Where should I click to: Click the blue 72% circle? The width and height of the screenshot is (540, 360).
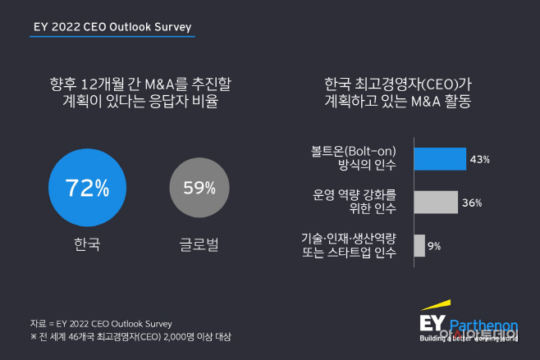[88, 188]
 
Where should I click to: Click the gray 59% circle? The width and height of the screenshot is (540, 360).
[199, 188]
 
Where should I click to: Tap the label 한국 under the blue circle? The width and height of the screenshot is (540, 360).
[87, 244]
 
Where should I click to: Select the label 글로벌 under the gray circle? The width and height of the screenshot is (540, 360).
[199, 244]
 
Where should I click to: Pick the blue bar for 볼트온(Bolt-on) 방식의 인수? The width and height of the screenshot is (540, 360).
[440, 159]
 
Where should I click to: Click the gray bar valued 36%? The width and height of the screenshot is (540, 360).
[436, 202]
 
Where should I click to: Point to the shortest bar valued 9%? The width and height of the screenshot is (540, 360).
[420, 245]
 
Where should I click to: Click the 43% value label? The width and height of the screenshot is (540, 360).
[479, 159]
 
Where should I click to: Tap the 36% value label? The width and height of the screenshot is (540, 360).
[471, 203]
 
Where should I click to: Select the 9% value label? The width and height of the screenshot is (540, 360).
[435, 245]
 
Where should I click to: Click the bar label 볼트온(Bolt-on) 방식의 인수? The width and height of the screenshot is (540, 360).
[355, 159]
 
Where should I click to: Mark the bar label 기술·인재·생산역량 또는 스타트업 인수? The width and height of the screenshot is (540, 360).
[349, 245]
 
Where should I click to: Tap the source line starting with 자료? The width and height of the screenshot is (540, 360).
[101, 322]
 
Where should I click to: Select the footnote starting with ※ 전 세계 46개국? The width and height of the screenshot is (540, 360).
[130, 336]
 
